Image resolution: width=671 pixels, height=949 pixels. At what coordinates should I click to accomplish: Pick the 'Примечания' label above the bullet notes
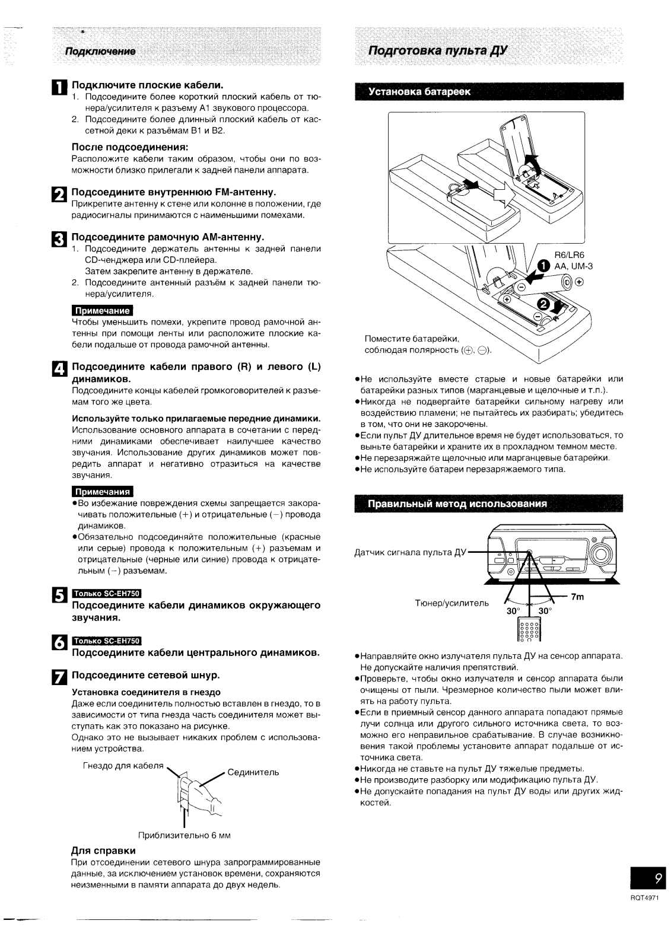pyautogui.click(x=102, y=492)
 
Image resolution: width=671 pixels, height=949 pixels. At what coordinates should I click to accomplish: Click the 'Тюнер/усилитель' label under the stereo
pyautogui.click(x=452, y=604)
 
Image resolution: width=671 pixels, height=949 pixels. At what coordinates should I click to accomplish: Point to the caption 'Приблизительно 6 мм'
pyautogui.click(x=184, y=835)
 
